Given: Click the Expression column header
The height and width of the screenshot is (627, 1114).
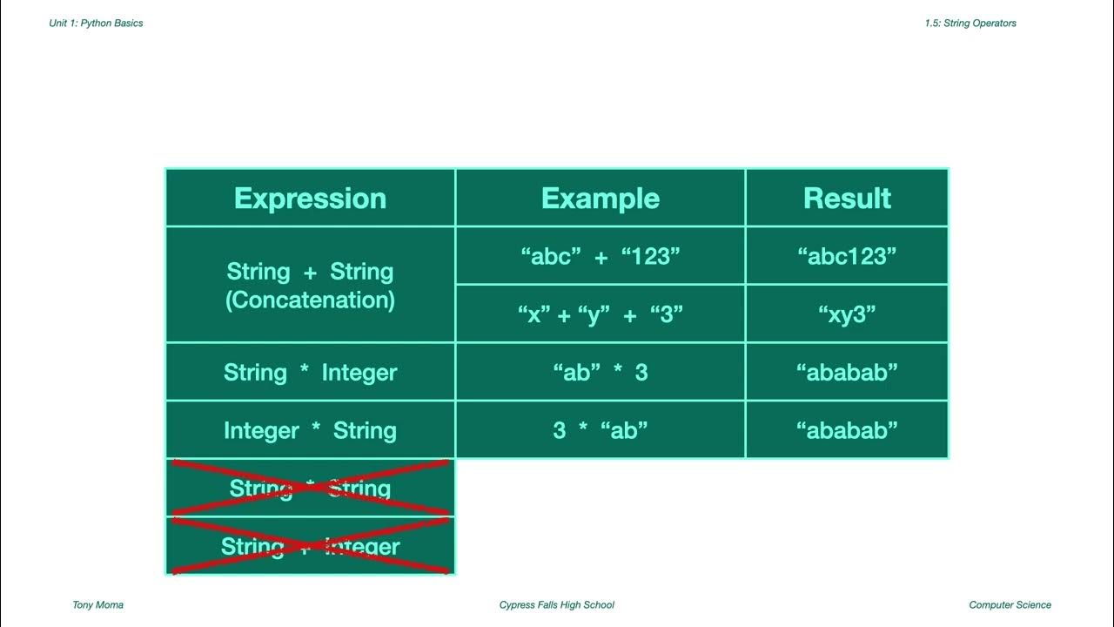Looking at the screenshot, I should point(310,199).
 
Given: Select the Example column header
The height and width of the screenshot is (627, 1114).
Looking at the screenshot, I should point(600,199).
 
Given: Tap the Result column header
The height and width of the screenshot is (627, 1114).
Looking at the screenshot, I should point(847,199).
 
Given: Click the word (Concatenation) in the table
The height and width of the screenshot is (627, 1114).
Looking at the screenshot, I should point(310,300).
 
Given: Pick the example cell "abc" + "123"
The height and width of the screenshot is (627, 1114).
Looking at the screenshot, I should point(600,256).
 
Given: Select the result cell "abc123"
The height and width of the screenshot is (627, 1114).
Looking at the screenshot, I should point(847,256).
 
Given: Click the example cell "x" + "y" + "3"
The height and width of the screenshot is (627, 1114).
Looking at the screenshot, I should point(600,314).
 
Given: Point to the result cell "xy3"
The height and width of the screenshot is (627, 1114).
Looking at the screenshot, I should point(847,314).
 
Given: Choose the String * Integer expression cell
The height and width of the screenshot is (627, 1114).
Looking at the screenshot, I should point(310,373).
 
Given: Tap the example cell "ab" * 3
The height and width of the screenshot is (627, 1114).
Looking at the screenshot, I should point(600,373).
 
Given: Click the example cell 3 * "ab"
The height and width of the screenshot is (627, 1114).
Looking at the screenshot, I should point(600,430).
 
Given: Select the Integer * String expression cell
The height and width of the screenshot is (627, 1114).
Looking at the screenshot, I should point(310,430).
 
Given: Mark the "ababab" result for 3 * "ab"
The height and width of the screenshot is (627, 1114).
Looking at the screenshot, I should point(847,430).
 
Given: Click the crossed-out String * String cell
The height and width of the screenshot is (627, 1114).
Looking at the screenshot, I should point(310,489).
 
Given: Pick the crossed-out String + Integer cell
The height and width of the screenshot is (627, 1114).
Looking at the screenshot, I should point(310,547).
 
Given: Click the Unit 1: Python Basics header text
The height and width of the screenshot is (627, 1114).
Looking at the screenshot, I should point(96,24).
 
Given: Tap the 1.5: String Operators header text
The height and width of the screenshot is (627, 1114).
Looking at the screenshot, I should point(970,24).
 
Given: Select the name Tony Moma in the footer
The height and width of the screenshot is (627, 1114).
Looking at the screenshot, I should point(97,605).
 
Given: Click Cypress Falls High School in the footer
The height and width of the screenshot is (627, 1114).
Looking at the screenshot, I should point(556,605).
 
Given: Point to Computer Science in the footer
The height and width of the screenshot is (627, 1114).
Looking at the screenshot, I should point(1010,605).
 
